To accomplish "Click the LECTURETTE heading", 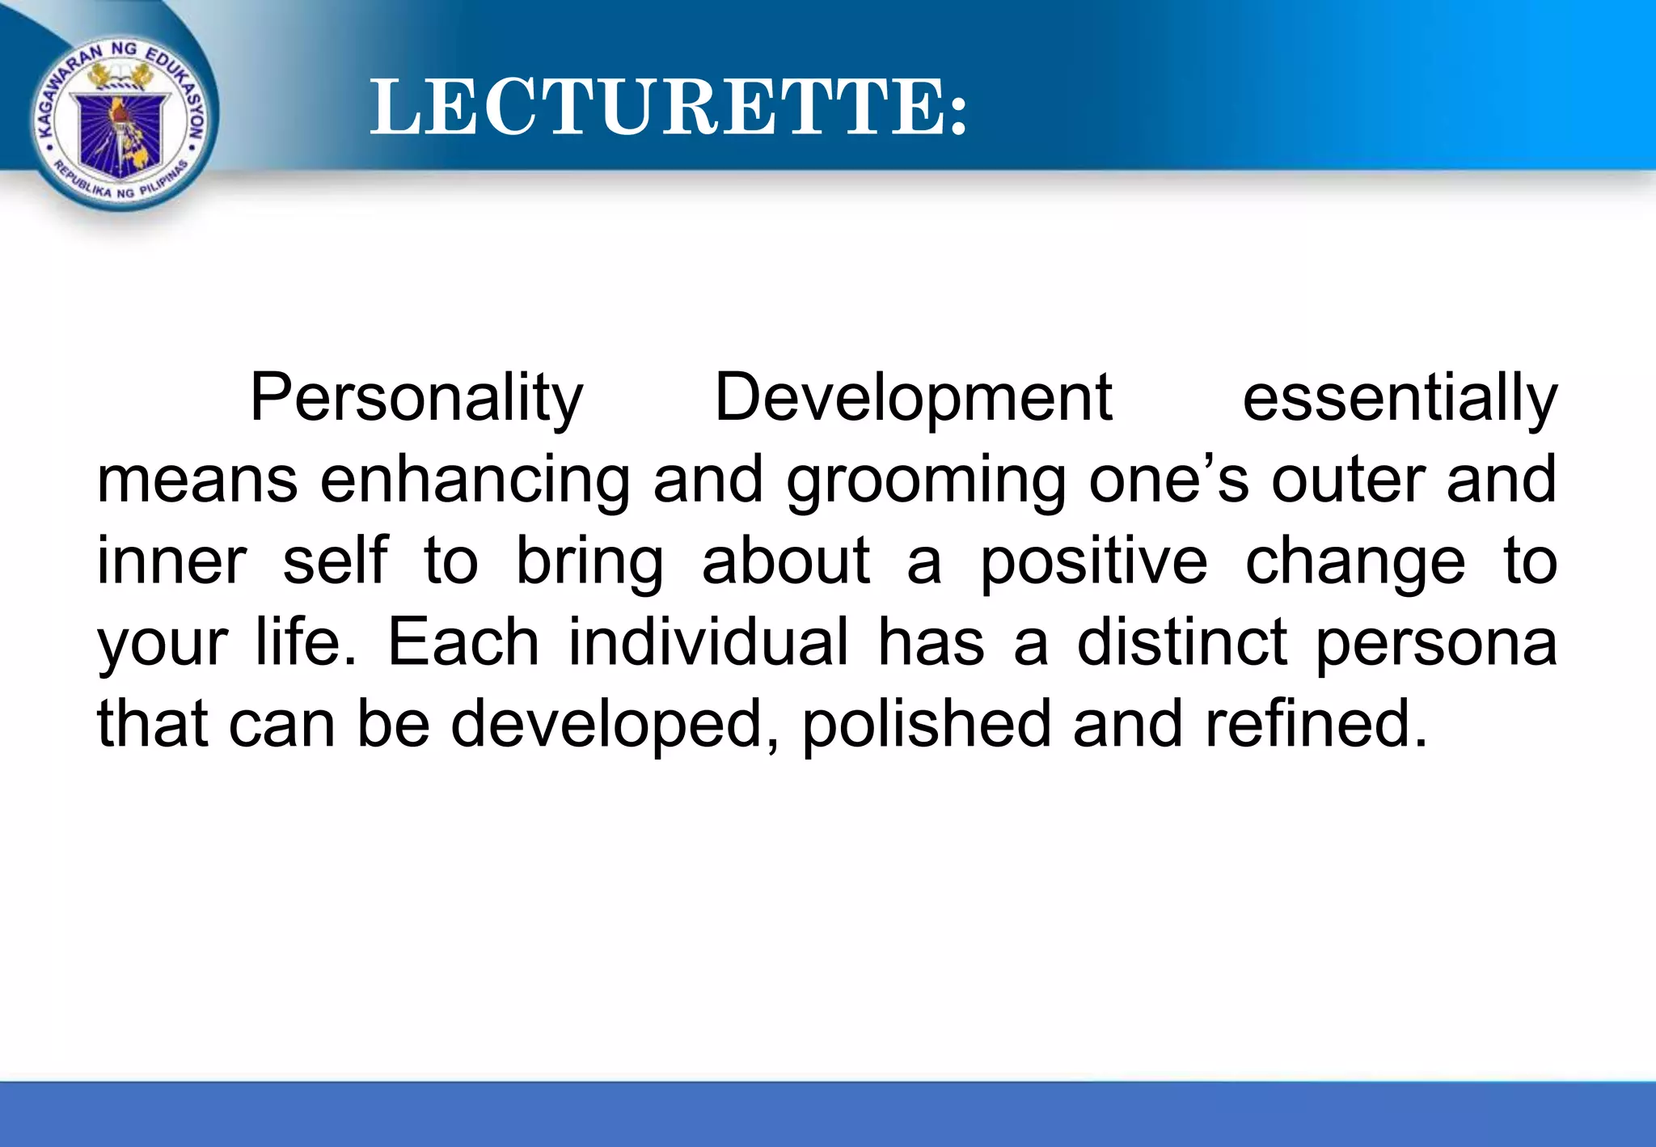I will tap(668, 107).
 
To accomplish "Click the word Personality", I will tap(416, 398).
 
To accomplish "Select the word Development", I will tap(913, 398).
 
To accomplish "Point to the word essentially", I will tap(1399, 398).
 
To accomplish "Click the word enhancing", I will tap(475, 480).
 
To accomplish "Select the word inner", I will tap(171, 561).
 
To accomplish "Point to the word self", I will tap(335, 561).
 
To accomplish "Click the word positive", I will tap(1094, 562).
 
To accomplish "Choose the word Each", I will tap(463, 642).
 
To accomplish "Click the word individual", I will tap(708, 642).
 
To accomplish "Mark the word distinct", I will tap(1181, 642).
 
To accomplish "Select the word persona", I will tap(1436, 644).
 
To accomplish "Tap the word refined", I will tap(1316, 724).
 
